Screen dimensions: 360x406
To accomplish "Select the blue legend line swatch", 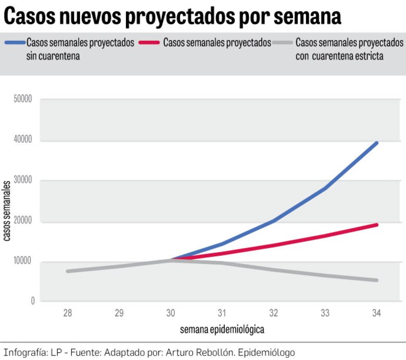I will point(14,43).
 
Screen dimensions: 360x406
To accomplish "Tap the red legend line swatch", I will point(149,43).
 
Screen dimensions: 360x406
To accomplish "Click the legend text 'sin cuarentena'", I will point(53,56).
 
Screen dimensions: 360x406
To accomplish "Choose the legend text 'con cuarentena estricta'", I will point(339,56).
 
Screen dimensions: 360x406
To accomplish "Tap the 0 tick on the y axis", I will point(32,301).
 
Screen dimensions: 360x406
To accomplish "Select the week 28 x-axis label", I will point(67,313).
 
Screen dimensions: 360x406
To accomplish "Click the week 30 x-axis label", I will point(171,313).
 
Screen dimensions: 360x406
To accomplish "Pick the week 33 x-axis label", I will point(325,313).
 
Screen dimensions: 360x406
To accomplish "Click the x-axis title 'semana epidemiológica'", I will point(222,329).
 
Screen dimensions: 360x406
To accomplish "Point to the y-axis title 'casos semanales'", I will point(7,210).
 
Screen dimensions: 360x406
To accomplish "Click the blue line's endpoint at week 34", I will point(376,143).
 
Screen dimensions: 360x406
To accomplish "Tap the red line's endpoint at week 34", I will point(376,225).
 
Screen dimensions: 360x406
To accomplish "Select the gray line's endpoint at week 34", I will point(376,280).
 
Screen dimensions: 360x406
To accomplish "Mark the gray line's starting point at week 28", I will point(68,271).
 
